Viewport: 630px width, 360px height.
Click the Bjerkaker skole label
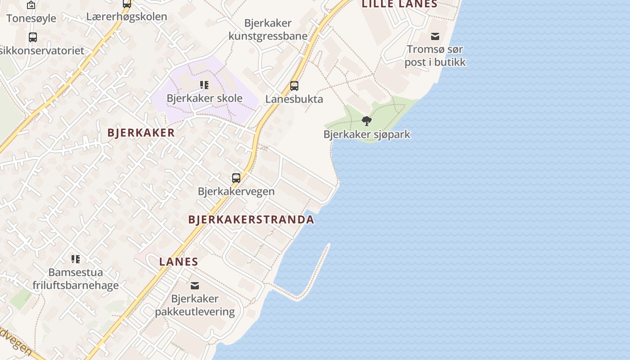click(204, 98)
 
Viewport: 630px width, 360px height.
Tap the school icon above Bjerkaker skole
click(204, 85)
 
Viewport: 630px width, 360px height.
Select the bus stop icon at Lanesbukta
click(294, 85)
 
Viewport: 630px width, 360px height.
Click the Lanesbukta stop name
click(294, 99)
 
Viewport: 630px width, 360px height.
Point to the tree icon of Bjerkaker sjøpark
click(367, 121)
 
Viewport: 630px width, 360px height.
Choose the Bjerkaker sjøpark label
click(367, 134)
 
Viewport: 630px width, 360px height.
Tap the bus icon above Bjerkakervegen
click(236, 178)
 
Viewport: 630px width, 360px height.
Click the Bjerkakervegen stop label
click(236, 191)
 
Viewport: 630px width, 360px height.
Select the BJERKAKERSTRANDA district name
click(251, 220)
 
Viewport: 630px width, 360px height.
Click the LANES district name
click(179, 261)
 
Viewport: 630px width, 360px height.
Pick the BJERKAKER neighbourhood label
click(141, 133)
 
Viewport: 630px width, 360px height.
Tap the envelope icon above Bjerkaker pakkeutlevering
click(195, 285)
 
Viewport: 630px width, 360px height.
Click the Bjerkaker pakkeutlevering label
click(195, 305)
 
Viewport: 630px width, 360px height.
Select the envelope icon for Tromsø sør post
click(435, 36)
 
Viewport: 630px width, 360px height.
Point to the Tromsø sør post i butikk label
click(435, 55)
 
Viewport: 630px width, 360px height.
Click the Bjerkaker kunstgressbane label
click(268, 29)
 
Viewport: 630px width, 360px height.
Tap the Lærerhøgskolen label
click(126, 17)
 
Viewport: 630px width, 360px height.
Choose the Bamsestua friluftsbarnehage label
click(76, 279)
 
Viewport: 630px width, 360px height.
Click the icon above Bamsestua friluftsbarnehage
click(76, 259)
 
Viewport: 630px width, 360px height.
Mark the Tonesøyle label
click(31, 18)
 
